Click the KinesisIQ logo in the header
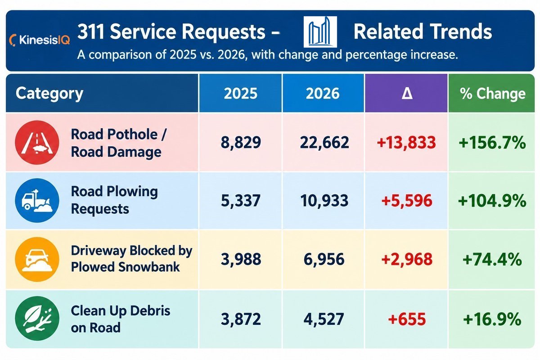point(40,40)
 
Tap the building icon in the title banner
point(320,32)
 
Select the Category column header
point(49,94)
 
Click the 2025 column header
point(241,93)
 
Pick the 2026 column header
point(323,93)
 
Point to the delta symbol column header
point(407,94)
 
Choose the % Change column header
point(492,93)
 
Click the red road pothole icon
point(37,143)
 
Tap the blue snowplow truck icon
point(37,200)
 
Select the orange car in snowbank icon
point(37,260)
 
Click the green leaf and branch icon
point(37,318)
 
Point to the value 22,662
point(324,143)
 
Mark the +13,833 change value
point(406,143)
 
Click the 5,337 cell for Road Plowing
point(241,201)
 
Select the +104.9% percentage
point(492,201)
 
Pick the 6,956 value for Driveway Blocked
point(324,260)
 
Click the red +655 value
point(407,319)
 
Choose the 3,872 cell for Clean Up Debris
point(241,319)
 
